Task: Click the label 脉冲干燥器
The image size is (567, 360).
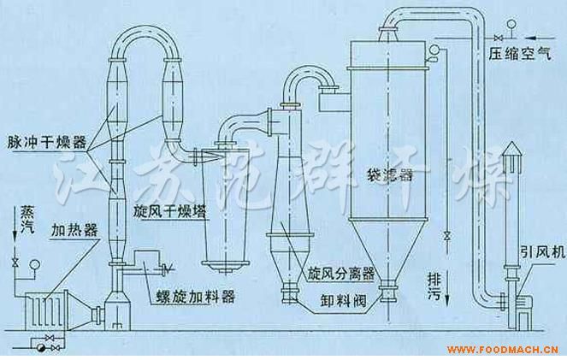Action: pyautogui.click(x=47, y=143)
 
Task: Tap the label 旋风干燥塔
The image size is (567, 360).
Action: pyautogui.click(x=169, y=212)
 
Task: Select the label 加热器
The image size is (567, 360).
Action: pyautogui.click(x=74, y=230)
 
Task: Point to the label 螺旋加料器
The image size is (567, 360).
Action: pyautogui.click(x=195, y=297)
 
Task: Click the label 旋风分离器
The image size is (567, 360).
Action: pyautogui.click(x=341, y=274)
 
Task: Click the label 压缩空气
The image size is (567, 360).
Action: pyautogui.click(x=520, y=54)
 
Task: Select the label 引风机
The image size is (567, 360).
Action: pyautogui.click(x=542, y=252)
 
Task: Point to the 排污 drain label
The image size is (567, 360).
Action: pyautogui.click(x=434, y=286)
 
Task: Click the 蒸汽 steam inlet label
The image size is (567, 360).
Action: pyautogui.click(x=27, y=220)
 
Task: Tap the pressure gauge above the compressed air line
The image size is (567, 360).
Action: pyautogui.click(x=511, y=25)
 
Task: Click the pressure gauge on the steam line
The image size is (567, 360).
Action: pyautogui.click(x=35, y=264)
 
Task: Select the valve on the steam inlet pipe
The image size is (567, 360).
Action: pyautogui.click(x=15, y=263)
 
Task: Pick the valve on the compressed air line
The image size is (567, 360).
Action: pyautogui.click(x=498, y=38)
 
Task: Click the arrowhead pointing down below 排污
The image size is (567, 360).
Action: pyautogui.click(x=447, y=299)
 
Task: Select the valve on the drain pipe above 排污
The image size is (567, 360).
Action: pyautogui.click(x=447, y=236)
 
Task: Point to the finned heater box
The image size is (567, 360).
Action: pyautogui.click(x=46, y=311)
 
